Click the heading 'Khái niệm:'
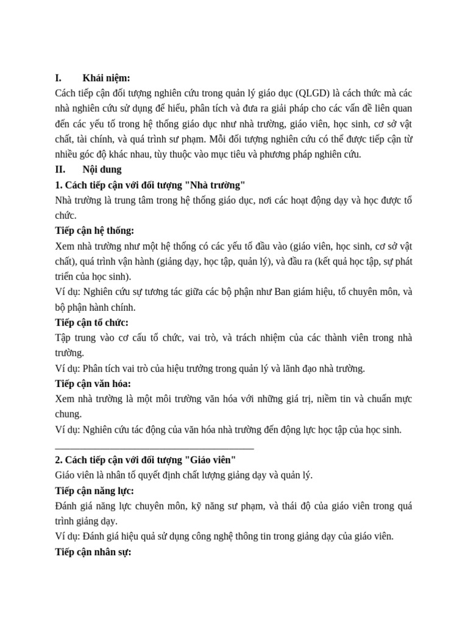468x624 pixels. tap(106, 78)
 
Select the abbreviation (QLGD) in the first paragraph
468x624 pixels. tap(313, 93)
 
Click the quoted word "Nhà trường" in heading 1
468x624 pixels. tap(214, 185)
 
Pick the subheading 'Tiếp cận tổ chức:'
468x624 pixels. tap(91, 322)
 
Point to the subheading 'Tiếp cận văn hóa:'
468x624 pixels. tap(93, 383)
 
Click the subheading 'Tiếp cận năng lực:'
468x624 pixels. tap(94, 491)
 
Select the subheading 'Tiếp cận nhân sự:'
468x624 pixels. tap(93, 552)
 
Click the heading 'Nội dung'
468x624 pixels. tap(102, 169)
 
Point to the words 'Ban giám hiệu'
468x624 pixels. tap(303, 292)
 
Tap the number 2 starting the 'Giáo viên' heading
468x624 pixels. tap(57, 459)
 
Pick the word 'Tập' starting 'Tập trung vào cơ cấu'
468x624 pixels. tap(63, 338)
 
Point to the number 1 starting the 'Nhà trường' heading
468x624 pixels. tap(57, 185)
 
